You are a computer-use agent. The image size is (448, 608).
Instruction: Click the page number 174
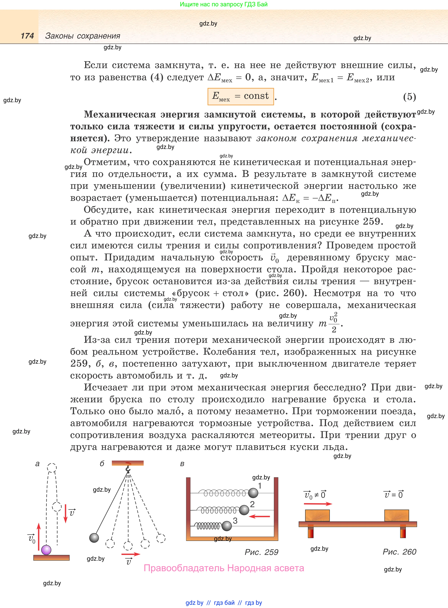[x=27, y=36]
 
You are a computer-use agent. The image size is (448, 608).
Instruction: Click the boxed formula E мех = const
[x=241, y=96]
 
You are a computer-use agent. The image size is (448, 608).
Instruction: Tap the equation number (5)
[x=409, y=97]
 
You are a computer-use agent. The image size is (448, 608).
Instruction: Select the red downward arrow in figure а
[x=65, y=513]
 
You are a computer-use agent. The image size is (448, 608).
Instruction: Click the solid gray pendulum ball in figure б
[x=94, y=537]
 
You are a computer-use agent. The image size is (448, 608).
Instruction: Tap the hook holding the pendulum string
[x=128, y=468]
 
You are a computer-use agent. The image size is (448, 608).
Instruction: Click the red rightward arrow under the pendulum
[x=131, y=554]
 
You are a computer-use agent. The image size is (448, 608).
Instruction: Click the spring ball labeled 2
[x=244, y=510]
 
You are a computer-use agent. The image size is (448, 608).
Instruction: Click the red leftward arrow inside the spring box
[x=259, y=516]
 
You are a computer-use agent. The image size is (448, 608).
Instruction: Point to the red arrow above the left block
[x=318, y=504]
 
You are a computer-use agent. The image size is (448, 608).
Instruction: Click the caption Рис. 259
[x=261, y=552]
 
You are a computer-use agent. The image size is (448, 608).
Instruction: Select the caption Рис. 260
[x=399, y=552]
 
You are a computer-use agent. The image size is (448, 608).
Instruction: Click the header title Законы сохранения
[x=83, y=36]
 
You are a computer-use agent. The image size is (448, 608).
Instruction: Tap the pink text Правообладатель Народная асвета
[x=224, y=568]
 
